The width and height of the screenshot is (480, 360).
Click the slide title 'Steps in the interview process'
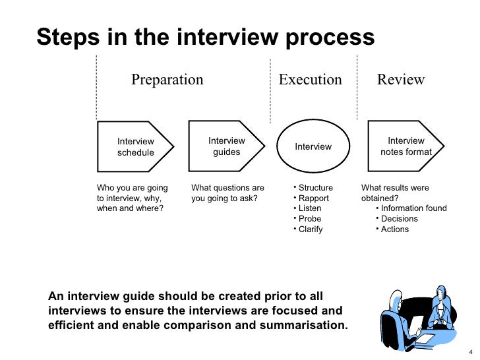click(x=205, y=38)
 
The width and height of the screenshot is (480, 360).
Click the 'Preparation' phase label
click(x=167, y=80)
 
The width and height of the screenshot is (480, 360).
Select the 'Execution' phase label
click(x=311, y=80)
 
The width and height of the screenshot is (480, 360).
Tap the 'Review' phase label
click(x=401, y=80)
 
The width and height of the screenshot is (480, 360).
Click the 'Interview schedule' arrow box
click(x=136, y=147)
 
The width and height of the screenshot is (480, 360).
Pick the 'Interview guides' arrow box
click(x=226, y=146)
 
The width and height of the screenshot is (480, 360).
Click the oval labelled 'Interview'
click(x=313, y=146)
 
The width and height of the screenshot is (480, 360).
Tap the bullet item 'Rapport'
click(x=313, y=198)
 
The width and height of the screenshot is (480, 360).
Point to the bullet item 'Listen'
click(x=310, y=208)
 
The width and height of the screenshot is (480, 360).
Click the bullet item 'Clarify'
click(x=311, y=229)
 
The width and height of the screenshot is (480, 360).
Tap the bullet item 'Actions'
click(x=395, y=229)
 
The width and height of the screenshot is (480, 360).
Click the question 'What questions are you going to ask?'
click(x=227, y=193)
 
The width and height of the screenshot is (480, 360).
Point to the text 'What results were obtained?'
click(x=395, y=193)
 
